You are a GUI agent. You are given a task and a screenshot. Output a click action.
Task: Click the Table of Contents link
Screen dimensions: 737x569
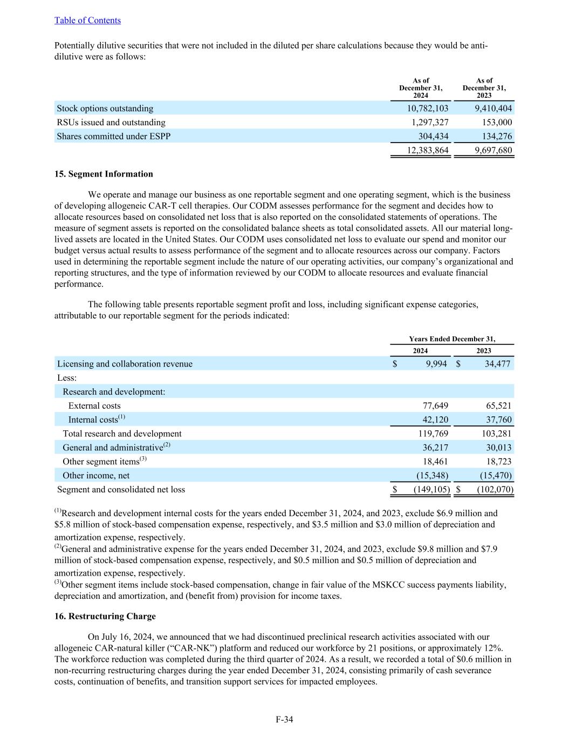[x=87, y=21]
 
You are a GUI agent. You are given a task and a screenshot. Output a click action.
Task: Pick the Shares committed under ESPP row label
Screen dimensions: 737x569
[x=113, y=137]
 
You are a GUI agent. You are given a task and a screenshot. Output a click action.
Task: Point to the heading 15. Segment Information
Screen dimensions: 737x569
[x=104, y=174]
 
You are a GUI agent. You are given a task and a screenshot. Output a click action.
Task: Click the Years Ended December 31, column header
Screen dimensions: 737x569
[x=451, y=339]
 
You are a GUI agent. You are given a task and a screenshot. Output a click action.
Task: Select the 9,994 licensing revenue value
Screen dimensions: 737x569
[x=436, y=364]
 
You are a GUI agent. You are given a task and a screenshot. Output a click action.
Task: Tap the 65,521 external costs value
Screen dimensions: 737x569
[x=497, y=406]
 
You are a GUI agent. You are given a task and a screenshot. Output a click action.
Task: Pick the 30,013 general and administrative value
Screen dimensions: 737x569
[x=497, y=448]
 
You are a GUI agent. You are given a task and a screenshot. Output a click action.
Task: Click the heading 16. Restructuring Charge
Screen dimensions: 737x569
[x=105, y=616]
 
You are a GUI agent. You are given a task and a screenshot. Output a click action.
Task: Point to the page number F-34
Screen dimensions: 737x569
[x=284, y=719]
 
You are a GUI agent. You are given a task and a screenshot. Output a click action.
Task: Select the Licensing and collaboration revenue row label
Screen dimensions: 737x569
[x=125, y=364]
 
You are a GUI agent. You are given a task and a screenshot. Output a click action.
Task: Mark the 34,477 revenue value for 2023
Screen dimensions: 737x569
[x=497, y=364]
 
